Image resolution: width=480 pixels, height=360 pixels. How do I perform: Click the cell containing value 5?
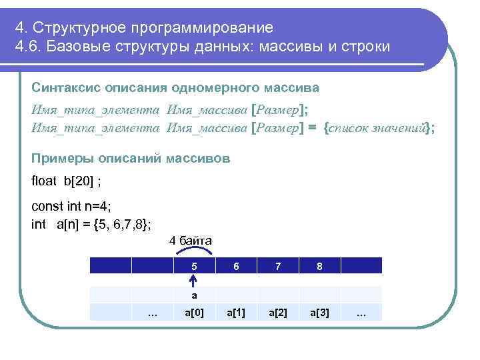194,265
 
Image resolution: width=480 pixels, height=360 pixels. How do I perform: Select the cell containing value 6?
236,265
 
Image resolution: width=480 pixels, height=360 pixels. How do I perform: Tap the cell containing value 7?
278,265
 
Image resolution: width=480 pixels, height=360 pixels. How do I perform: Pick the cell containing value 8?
320,265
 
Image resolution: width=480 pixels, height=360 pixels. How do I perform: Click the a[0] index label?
194,312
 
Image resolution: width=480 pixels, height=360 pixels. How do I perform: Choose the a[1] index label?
236,312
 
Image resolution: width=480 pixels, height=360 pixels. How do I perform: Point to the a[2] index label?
278,312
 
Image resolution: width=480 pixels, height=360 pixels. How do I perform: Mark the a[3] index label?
320,312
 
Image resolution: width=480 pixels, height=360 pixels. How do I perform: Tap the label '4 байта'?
191,240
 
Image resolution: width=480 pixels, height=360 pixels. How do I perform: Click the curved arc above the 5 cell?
193,251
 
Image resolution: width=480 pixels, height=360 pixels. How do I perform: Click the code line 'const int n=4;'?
67,207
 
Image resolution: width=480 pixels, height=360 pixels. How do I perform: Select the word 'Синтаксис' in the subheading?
64,88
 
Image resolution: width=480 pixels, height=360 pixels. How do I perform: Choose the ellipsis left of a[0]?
152,312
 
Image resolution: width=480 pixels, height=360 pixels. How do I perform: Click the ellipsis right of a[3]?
361,312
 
